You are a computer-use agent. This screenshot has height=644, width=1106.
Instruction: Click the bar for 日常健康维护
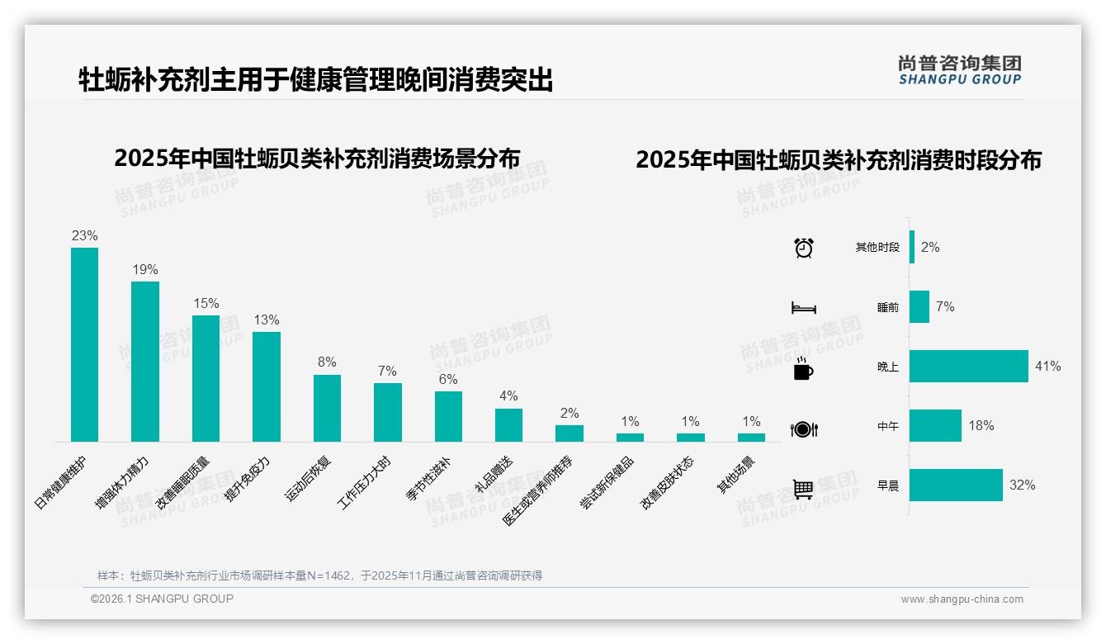[84, 344]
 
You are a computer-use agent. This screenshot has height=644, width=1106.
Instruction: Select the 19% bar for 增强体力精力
[145, 362]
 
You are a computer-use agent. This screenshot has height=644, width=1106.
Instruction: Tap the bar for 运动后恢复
[327, 408]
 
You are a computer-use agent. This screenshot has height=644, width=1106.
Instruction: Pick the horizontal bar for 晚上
[969, 366]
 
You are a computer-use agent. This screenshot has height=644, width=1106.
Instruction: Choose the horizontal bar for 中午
[935, 426]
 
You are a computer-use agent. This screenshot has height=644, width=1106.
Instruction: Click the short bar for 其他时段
[912, 247]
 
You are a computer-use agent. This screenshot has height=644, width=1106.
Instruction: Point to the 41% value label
[1047, 366]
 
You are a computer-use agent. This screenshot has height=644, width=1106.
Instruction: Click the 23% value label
[84, 235]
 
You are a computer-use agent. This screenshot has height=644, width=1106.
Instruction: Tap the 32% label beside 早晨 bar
[1022, 485]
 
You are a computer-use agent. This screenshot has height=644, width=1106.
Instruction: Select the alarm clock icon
[803, 248]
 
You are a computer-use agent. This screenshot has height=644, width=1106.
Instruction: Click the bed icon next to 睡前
[803, 308]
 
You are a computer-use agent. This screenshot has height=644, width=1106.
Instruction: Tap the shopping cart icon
[803, 489]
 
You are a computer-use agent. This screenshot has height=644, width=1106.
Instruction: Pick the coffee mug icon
[803, 369]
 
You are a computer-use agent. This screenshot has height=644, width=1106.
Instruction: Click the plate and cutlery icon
[803, 429]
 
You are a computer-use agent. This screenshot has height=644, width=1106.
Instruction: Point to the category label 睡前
[888, 307]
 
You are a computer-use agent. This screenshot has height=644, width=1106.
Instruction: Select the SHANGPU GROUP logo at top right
[959, 69]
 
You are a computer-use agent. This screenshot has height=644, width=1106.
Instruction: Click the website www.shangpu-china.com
[962, 599]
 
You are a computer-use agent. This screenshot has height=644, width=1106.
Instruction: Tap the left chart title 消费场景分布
[317, 158]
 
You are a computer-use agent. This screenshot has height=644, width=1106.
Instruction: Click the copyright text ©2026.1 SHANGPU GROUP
[162, 599]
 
